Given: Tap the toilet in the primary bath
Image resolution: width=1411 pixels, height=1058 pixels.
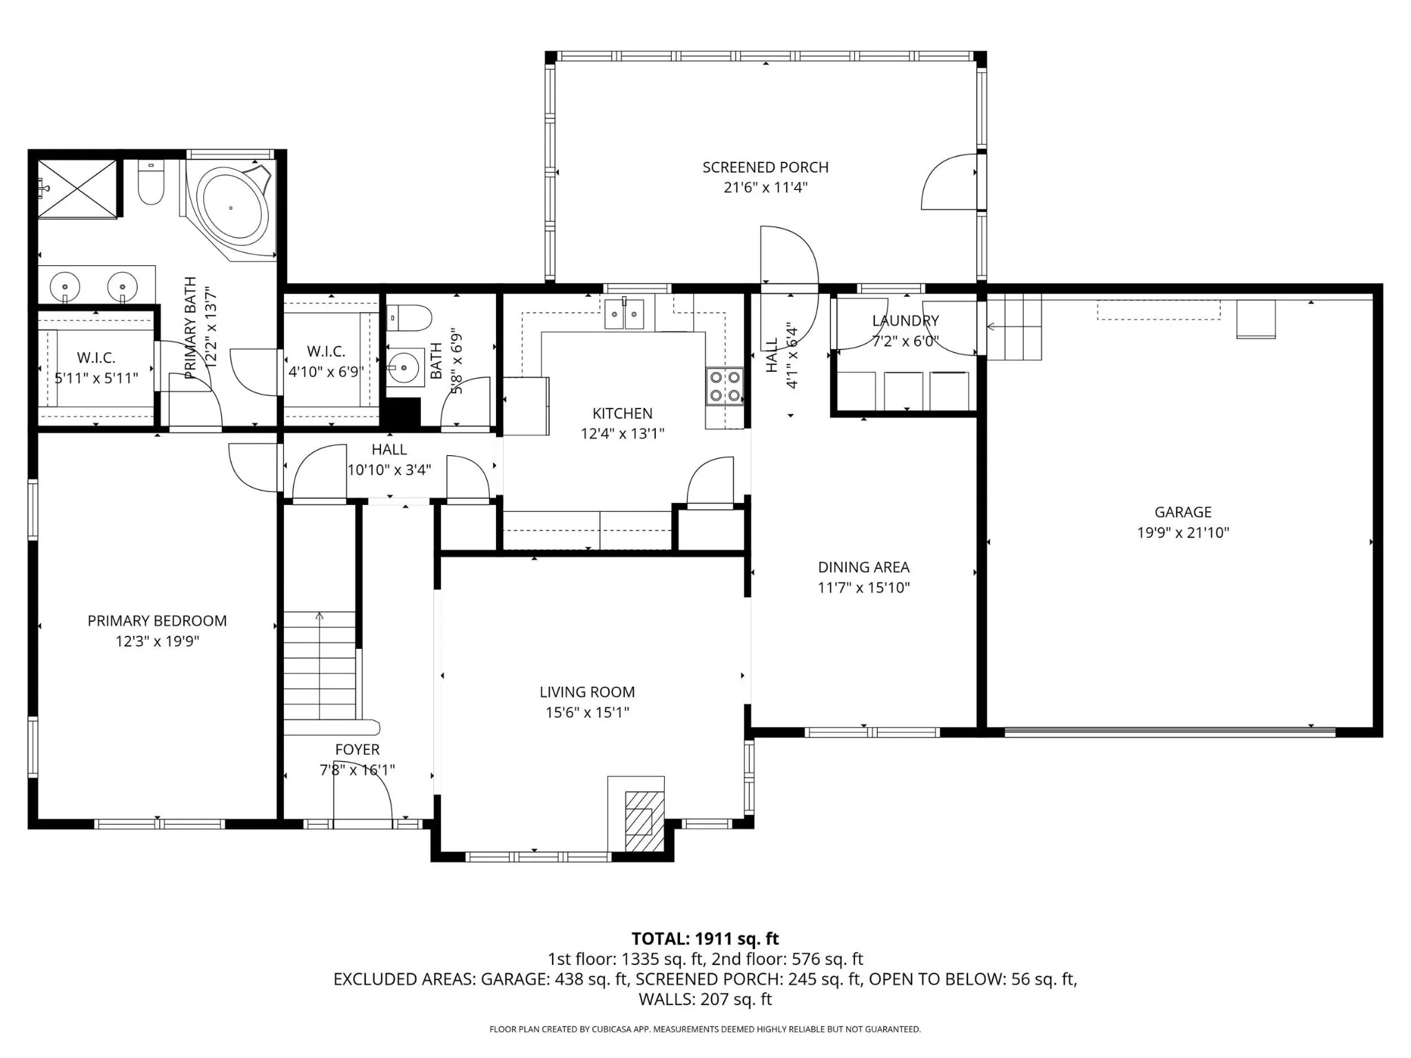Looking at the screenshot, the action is (x=151, y=183).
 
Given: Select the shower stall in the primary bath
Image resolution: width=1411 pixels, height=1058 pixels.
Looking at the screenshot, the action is (x=76, y=187).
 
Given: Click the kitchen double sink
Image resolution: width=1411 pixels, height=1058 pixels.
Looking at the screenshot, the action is (x=624, y=314).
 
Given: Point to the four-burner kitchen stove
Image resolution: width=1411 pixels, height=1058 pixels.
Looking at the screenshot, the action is (x=725, y=386).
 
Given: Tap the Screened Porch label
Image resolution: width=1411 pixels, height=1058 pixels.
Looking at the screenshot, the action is (x=765, y=167).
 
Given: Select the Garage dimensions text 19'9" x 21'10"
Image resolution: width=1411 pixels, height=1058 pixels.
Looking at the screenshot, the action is (x=1183, y=532).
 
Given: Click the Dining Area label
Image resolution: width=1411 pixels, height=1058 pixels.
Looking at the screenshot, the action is (x=864, y=568).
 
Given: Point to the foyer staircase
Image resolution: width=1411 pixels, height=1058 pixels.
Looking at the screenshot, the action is (x=320, y=665).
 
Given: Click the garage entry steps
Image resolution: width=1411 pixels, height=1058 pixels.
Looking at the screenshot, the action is (x=1014, y=326).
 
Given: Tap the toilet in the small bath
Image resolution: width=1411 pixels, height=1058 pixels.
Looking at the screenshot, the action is (x=409, y=318).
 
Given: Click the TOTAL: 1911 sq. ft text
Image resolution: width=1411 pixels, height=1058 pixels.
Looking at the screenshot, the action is (x=705, y=939).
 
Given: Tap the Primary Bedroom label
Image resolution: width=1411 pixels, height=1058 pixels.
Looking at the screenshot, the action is (x=157, y=621).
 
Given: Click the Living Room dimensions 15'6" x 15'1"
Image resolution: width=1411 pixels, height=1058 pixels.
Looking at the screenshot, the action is (x=588, y=712).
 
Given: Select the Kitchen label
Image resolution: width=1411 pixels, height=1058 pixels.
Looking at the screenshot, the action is (x=622, y=413).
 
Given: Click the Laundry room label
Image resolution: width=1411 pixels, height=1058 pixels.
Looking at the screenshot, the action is (x=905, y=321).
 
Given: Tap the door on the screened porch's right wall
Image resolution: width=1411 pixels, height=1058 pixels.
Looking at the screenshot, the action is (x=949, y=181).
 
